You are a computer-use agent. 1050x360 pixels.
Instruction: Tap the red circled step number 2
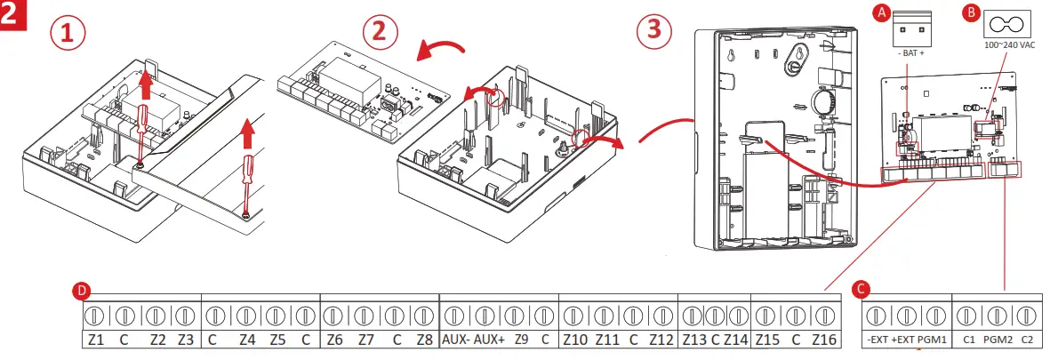point(380,32)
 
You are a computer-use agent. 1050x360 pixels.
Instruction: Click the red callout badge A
point(880,13)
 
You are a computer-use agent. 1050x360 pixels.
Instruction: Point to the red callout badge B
point(971,13)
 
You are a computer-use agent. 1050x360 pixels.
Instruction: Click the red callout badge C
point(859,289)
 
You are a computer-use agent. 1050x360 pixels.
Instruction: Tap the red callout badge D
point(82,291)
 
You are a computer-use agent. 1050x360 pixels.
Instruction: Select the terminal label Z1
point(96,339)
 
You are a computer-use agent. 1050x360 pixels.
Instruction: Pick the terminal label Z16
point(825,339)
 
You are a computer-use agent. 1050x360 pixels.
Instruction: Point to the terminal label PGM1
point(933,339)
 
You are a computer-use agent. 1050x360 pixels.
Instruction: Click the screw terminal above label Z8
point(423,315)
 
